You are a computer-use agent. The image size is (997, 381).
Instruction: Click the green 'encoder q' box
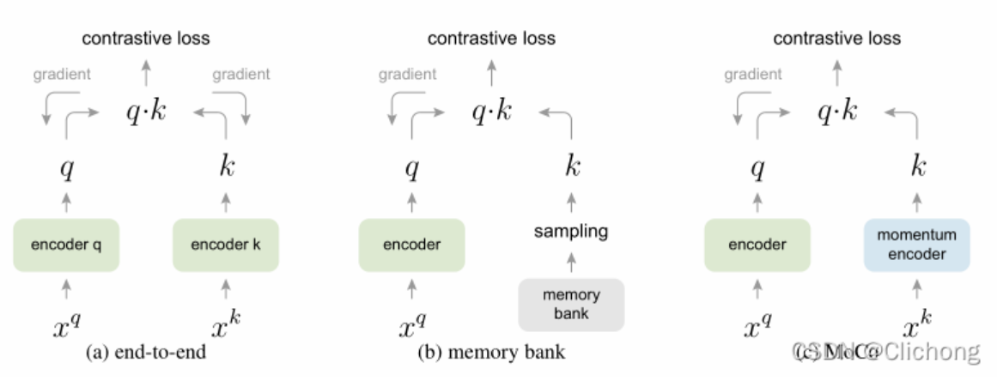(x=66, y=245)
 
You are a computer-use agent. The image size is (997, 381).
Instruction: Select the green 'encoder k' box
(x=225, y=245)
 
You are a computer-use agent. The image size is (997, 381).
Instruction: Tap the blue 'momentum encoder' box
(x=916, y=245)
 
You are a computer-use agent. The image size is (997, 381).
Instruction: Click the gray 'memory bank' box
(x=571, y=304)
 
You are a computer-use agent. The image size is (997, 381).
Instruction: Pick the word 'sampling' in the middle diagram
(x=571, y=231)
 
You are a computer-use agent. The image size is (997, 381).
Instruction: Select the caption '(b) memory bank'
(x=491, y=352)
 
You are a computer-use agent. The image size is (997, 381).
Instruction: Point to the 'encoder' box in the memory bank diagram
(x=411, y=245)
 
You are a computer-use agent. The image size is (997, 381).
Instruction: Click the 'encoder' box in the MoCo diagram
(x=757, y=245)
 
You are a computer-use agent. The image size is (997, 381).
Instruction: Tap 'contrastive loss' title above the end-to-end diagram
(x=146, y=38)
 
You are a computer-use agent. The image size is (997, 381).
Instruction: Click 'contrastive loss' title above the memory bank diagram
(x=491, y=38)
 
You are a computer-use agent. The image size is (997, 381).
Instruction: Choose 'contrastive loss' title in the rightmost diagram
(x=837, y=38)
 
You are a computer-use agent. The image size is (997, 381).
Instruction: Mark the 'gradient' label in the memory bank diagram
(x=406, y=75)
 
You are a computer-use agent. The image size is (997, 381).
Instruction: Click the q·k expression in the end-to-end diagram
(x=146, y=112)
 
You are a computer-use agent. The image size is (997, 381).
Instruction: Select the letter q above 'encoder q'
(x=66, y=170)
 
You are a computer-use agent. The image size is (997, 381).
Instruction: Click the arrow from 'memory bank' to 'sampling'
(x=571, y=260)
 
